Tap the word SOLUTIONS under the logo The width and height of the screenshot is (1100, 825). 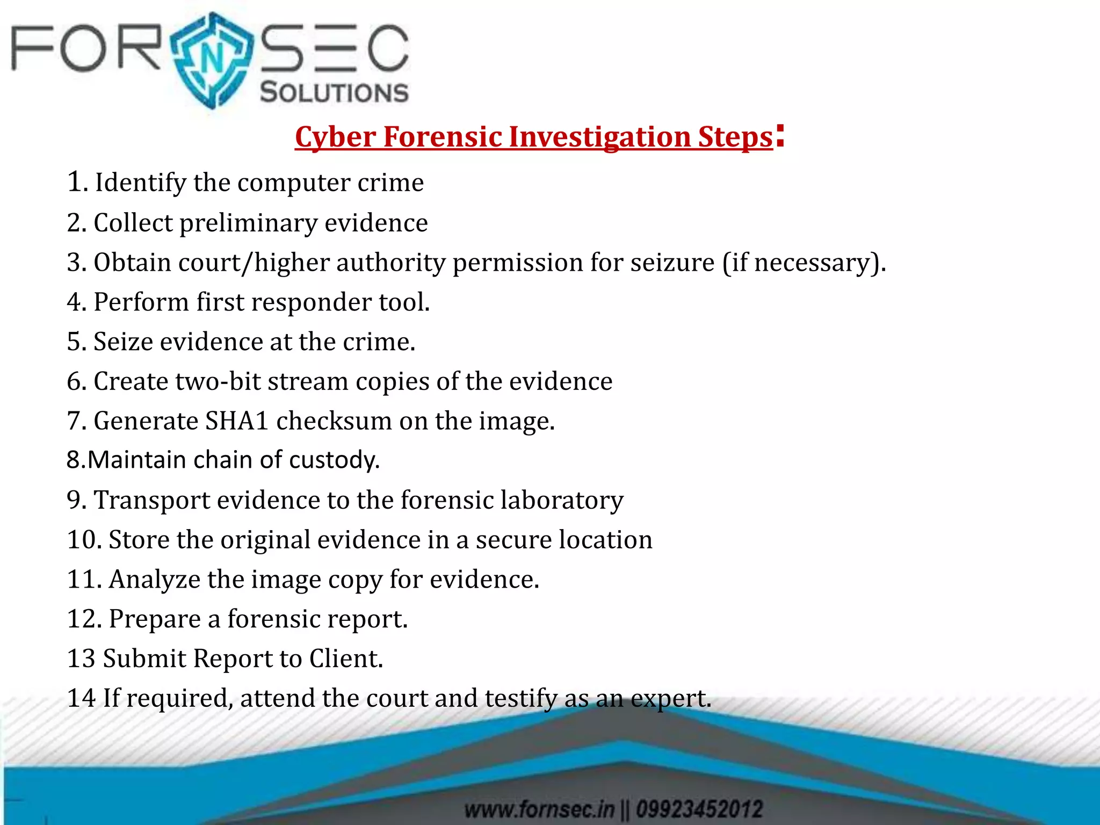point(334,93)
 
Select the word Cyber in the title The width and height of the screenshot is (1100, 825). point(335,137)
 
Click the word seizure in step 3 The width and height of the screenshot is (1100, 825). point(672,263)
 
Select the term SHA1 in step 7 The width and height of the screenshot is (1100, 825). point(237,421)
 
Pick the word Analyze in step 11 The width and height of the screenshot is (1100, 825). point(155,580)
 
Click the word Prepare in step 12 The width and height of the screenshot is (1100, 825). point(155,619)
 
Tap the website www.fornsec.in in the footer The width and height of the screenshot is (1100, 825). point(538,809)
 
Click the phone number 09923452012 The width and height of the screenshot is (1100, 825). point(699,809)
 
